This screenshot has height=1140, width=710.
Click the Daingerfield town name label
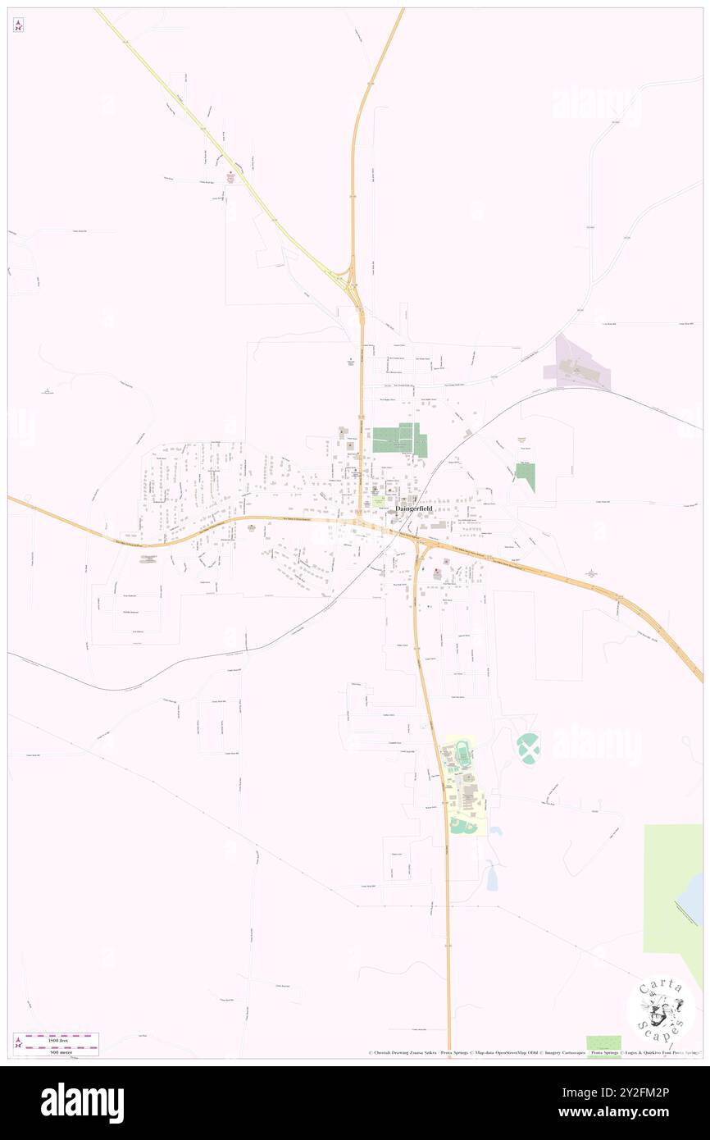tap(413, 508)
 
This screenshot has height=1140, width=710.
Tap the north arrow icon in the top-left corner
tap(18, 24)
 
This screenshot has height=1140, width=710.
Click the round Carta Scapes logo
tap(661, 1010)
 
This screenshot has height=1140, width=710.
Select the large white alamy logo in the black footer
tap(82, 1101)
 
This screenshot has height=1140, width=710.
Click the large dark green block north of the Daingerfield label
tap(399, 440)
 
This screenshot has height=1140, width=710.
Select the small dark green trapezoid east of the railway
tap(526, 476)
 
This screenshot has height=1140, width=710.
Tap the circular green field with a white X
tap(528, 748)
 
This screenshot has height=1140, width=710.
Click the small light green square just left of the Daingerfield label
tap(379, 499)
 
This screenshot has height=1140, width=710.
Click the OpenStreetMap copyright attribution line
tap(533, 1052)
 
